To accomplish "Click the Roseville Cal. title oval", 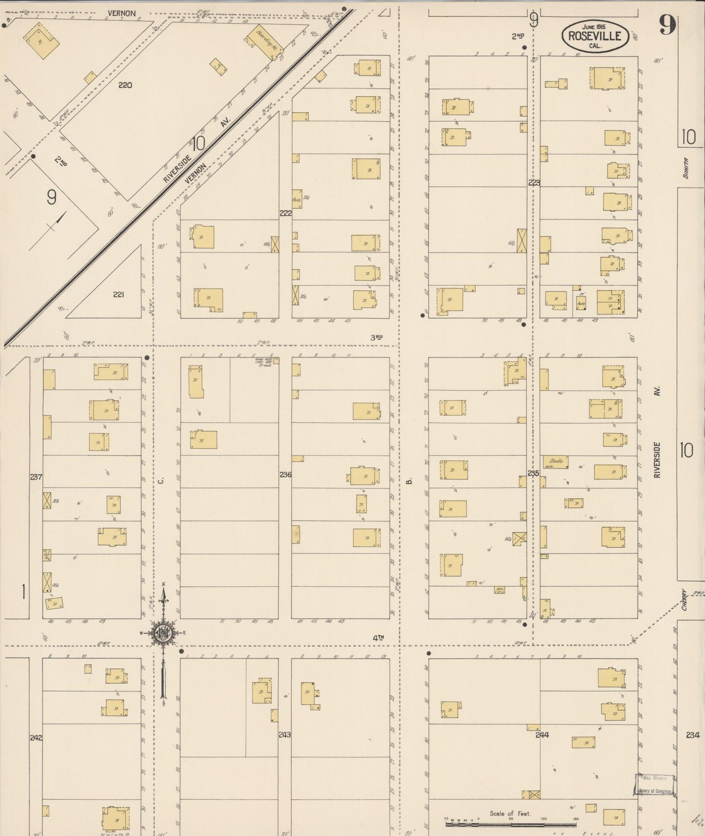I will [x=594, y=36].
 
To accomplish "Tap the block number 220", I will [x=125, y=85].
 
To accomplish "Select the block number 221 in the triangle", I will [x=118, y=294].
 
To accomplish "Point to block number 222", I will [x=285, y=213].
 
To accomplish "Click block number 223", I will [x=534, y=182].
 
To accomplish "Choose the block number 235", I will [x=533, y=473].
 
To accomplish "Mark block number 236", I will [x=285, y=474].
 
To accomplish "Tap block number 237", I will [x=36, y=477].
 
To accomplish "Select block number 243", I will [x=284, y=734].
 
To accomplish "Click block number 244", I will [x=542, y=735].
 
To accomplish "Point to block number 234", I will [x=692, y=735].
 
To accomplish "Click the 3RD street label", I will [x=376, y=337].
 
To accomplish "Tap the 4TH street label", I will [x=379, y=637].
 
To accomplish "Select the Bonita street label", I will [x=686, y=168].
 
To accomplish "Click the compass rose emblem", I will [x=163, y=633].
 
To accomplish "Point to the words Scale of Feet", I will [x=510, y=814].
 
